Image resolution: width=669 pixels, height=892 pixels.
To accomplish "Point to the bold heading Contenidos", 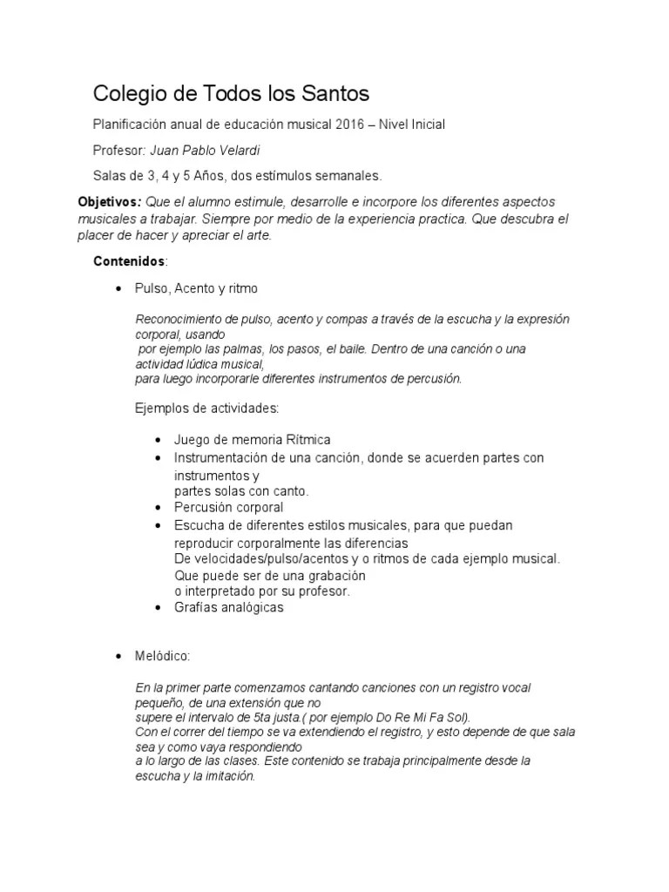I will [128, 261].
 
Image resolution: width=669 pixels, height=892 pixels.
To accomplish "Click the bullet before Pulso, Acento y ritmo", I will [118, 288].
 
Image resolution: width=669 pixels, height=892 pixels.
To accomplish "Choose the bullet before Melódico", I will [118, 656].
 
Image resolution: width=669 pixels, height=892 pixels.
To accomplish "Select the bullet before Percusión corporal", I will [157, 508].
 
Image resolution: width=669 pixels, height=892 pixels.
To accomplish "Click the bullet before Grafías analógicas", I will [157, 609].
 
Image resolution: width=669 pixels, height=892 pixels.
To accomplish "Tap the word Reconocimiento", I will [179, 320].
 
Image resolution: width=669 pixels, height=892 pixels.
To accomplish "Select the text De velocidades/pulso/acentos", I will [259, 558].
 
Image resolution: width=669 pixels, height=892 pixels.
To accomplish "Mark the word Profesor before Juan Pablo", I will [119, 150].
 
